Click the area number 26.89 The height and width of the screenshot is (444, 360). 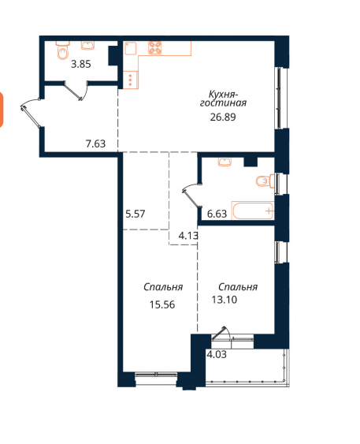point(223,117)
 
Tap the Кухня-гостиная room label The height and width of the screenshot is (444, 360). point(223,99)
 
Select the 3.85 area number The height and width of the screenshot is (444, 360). point(81,65)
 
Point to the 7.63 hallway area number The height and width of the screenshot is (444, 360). point(95,144)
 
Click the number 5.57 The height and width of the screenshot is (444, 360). point(135,214)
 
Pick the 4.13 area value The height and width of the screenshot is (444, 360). point(188,236)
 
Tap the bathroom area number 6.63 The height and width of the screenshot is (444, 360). point(217,214)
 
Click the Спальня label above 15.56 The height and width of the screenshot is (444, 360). point(163,287)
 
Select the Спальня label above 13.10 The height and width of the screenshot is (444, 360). point(238,287)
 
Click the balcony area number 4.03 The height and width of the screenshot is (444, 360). point(217,355)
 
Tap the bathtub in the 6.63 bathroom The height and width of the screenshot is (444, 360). point(253,211)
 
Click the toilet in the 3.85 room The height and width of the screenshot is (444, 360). point(63,50)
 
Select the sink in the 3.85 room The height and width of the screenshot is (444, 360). point(88,45)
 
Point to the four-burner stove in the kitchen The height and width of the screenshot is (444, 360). point(155,47)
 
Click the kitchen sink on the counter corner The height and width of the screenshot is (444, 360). point(130,48)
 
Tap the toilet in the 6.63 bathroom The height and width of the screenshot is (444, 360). point(265,181)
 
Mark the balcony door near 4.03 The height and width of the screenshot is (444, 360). point(221,334)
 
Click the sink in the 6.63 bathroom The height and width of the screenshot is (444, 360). point(225,162)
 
